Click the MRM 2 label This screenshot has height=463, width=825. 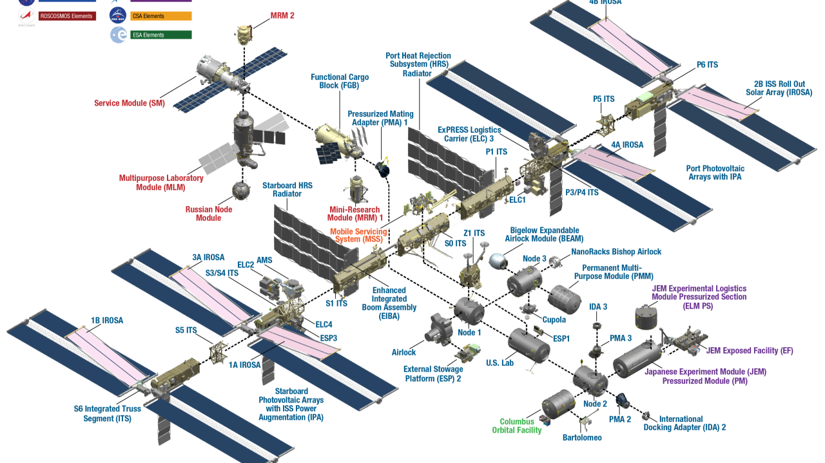pos(282,15)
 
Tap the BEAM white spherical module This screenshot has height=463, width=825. pos(497,261)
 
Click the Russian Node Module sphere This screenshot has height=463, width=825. pos(241,189)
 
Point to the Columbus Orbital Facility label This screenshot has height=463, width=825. pos(517,426)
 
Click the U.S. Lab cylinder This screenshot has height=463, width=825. pos(529,346)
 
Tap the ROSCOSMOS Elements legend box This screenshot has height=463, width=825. pos(67,15)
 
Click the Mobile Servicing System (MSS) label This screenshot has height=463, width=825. pos(358,235)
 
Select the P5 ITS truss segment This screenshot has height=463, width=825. pos(605,121)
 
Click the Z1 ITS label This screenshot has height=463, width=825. pos(474,233)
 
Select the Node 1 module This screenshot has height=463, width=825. pos(469,310)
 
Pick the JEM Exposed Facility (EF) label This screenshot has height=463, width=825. pos(750,351)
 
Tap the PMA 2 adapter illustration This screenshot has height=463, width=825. pos(622,401)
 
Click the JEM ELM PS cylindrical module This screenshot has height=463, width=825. pos(647,317)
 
